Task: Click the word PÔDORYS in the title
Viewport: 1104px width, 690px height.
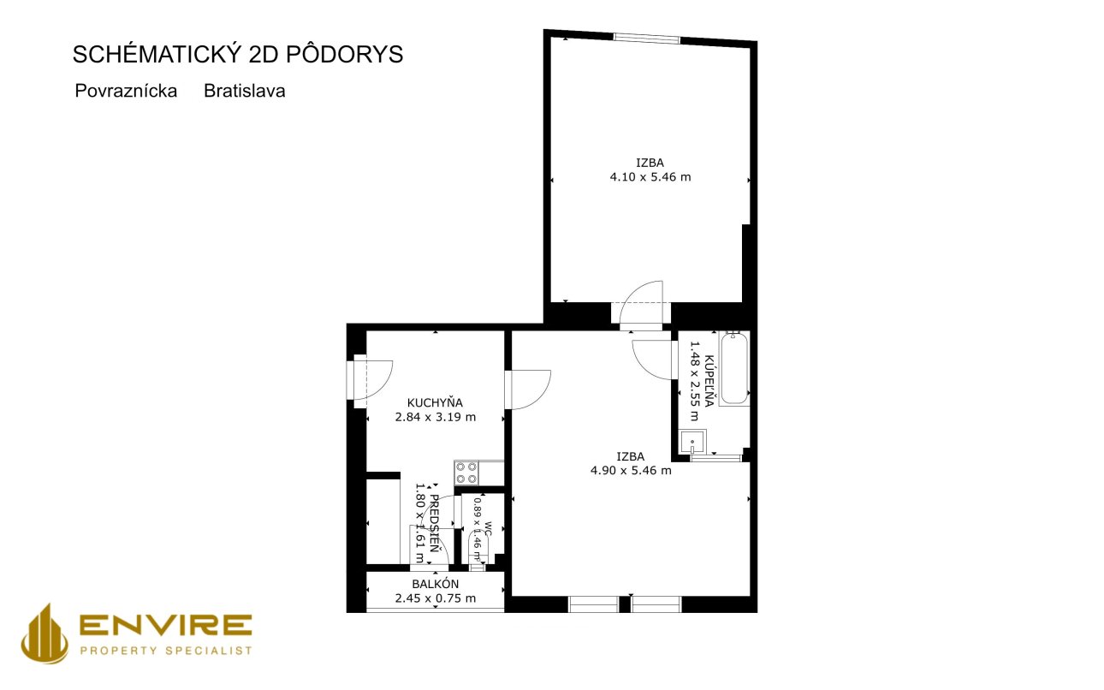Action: coord(345,53)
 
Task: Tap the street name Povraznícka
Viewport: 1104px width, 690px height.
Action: coord(126,92)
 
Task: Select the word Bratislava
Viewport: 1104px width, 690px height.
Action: coord(245,92)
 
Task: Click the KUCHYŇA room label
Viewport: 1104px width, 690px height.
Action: coord(435,402)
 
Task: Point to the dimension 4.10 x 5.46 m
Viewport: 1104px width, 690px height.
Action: coord(650,177)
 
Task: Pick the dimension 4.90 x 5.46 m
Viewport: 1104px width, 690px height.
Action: coord(631,471)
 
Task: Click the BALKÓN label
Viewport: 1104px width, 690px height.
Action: coord(436,584)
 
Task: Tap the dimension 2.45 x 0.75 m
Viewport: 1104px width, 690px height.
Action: coord(436,598)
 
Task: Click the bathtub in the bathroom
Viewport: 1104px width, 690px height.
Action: coord(734,369)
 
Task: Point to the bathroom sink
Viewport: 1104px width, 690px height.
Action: coord(692,442)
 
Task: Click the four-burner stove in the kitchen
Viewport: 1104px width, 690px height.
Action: coord(466,473)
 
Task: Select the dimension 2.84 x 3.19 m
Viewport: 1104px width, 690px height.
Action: coord(436,417)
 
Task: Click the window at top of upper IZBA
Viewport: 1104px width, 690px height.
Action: coord(647,38)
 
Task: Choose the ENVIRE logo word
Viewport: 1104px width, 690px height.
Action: coord(166,626)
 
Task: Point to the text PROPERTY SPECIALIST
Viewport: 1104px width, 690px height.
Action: coord(166,651)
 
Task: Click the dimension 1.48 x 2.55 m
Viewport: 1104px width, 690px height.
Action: coord(694,381)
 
